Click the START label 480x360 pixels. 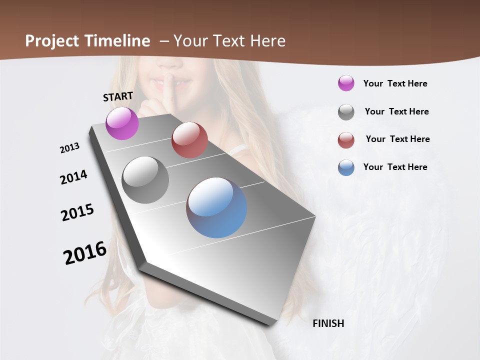pos(118,96)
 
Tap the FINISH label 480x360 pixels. pos(328,323)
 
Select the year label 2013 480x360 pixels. pos(69,148)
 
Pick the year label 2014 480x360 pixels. pos(73,177)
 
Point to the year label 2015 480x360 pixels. pos(77,212)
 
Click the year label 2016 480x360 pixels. pos(85,253)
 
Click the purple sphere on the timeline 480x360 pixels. pos(122,123)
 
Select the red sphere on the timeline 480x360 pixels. pos(189,140)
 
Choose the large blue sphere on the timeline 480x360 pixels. pos(216,207)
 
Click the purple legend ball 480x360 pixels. pos(346,83)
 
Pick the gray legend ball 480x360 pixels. pos(346,112)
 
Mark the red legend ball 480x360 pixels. pos(346,140)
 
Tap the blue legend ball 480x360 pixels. pos(346,167)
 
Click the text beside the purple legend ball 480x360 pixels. pos(395,83)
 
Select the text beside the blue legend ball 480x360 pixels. pos(395,167)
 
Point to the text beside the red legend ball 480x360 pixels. pos(397,139)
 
